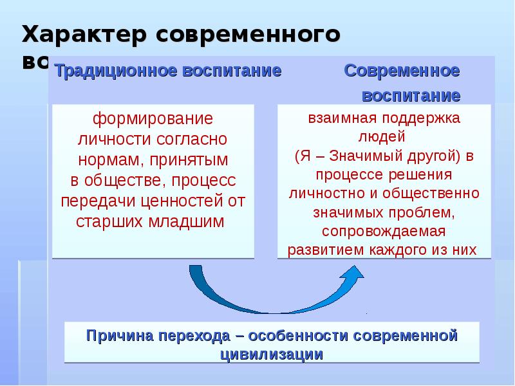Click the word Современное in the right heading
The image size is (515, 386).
[x=402, y=71]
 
